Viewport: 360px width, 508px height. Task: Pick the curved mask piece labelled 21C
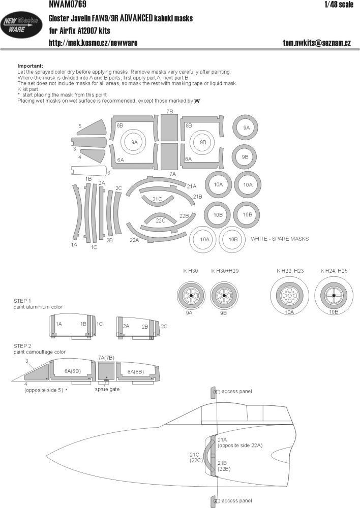tap(158, 199)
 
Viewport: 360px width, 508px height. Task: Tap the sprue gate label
tap(107, 390)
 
